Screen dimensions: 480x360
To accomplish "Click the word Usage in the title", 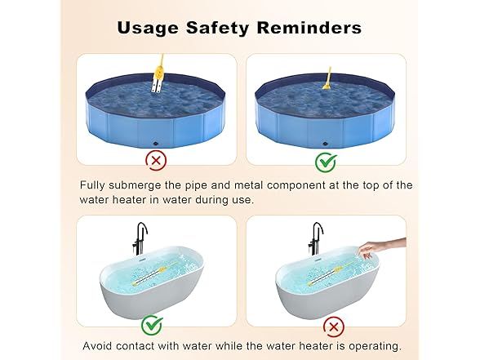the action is [x=148, y=28].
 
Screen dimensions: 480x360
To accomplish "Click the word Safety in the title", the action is [x=217, y=28].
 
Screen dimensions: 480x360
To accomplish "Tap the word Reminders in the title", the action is [x=309, y=28].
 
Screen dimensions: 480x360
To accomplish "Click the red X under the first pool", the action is [x=156, y=160].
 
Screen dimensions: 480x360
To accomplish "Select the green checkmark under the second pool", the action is [x=326, y=162].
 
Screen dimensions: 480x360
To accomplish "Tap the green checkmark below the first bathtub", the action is [x=152, y=325].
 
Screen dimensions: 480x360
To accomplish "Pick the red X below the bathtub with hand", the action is [x=334, y=327].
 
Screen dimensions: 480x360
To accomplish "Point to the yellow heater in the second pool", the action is [x=327, y=79].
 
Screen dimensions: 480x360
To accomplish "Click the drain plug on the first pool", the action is [x=156, y=144].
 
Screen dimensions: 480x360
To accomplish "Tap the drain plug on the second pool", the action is [x=326, y=144].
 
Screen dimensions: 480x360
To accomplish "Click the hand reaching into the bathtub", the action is [x=382, y=246].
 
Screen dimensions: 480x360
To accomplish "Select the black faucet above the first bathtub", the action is [x=140, y=238].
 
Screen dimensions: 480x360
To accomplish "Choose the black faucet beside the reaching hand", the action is [x=316, y=238].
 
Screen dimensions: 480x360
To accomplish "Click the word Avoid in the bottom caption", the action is [x=97, y=346].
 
